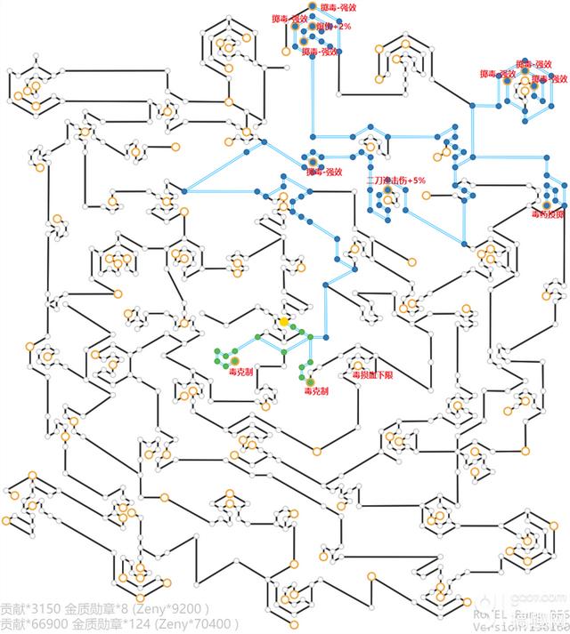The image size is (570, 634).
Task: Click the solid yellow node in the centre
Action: [283, 321]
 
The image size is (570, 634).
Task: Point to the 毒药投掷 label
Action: [548, 214]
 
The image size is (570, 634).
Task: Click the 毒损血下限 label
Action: [372, 376]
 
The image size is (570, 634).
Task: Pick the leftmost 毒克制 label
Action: [240, 371]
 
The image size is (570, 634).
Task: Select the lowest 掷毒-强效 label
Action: [324, 172]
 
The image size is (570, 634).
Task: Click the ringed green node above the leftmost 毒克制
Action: [238, 359]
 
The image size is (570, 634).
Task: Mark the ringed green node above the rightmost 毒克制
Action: [310, 381]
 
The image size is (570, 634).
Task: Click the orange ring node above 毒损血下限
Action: [358, 363]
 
